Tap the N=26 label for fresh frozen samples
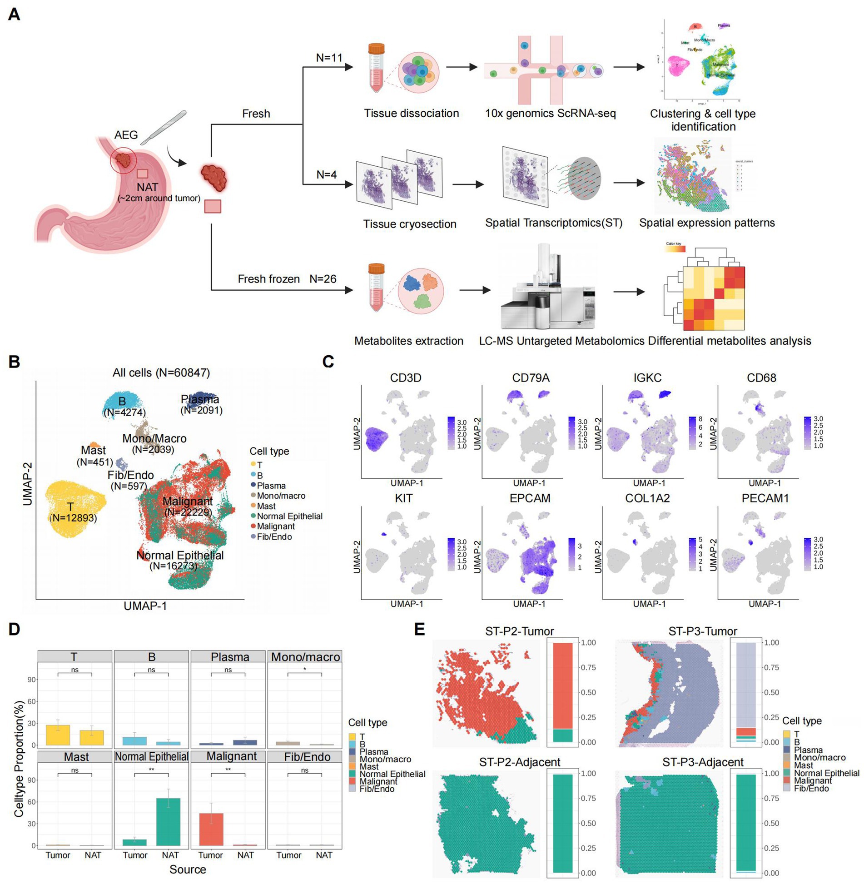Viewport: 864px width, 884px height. [323, 278]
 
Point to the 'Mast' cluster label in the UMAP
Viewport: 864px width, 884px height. [93, 450]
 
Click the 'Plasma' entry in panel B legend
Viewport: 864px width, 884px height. [271, 486]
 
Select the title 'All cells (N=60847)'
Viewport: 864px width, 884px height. [161, 373]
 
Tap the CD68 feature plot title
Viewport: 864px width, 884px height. [761, 378]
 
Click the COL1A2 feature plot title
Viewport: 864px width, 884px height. [647, 498]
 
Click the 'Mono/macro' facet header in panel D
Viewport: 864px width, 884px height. [305, 657]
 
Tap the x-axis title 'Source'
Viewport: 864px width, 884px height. [188, 869]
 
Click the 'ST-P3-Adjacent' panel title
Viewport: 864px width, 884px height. [702, 762]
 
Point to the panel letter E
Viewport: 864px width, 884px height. [420, 629]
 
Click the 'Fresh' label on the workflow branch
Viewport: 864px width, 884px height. [256, 114]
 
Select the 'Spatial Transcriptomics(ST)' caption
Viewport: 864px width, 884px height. [554, 223]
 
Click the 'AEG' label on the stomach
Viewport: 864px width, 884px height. [126, 135]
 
